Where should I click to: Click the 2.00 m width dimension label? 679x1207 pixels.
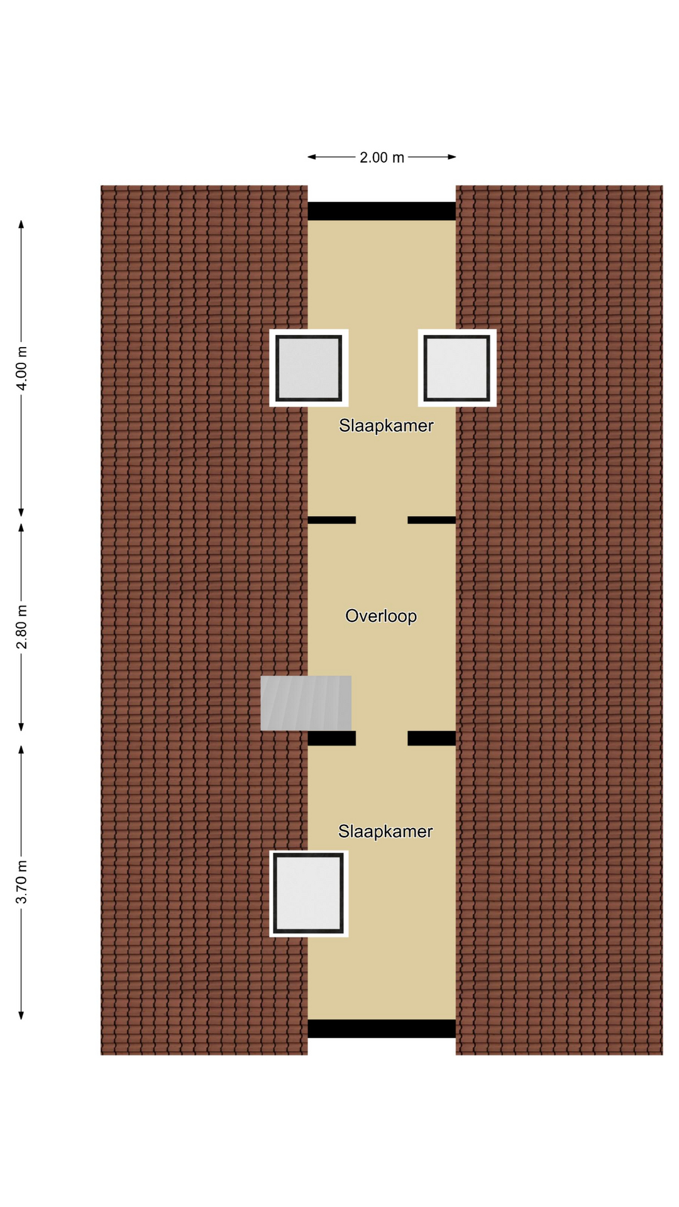click(382, 157)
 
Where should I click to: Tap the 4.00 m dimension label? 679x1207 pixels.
click(21, 368)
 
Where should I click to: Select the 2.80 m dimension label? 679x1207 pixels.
click(21, 627)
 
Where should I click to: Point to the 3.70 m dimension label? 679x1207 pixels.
click(21, 881)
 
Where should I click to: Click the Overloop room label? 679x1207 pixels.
click(381, 615)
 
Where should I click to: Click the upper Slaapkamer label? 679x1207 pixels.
click(386, 426)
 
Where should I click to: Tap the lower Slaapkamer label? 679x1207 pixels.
click(385, 831)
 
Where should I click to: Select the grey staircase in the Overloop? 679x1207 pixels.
click(306, 703)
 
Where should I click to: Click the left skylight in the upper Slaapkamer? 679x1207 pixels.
click(309, 368)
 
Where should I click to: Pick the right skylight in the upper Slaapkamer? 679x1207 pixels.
click(457, 368)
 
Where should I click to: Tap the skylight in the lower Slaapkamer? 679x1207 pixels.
click(309, 893)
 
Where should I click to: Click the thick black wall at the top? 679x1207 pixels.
click(382, 211)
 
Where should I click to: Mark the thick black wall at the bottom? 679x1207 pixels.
click(382, 1028)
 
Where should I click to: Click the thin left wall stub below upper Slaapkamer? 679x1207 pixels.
click(331, 520)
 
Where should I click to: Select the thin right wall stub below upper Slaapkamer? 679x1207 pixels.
click(432, 520)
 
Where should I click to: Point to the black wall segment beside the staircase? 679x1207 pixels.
click(331, 738)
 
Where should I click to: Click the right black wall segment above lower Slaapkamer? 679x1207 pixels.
click(432, 738)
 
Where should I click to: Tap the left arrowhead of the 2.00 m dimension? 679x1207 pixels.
click(311, 157)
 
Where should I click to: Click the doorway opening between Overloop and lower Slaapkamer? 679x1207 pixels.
click(382, 738)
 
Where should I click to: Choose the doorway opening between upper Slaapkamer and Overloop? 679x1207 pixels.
click(382, 520)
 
